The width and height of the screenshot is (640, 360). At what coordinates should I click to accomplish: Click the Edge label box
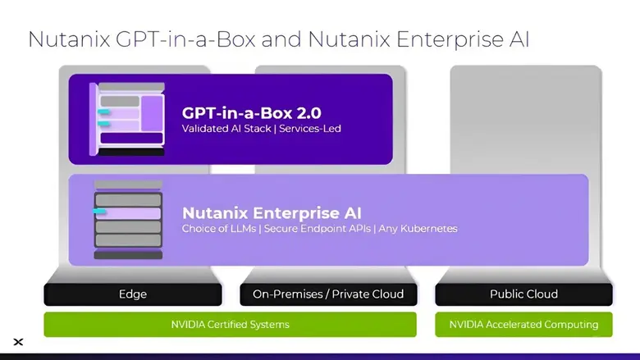[132, 294]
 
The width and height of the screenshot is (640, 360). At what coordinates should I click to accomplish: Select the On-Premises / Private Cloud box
[328, 294]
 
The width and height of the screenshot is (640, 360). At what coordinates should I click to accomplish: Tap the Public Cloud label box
[523, 294]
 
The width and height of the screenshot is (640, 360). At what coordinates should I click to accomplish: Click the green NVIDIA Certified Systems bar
[230, 325]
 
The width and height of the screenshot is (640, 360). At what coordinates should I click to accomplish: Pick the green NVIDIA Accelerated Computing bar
[523, 325]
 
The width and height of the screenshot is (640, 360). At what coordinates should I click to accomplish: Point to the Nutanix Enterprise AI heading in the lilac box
[272, 213]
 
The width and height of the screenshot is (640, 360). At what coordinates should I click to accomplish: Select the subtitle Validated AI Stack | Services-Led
[261, 130]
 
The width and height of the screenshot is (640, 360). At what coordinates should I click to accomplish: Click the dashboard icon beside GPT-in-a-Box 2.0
[127, 119]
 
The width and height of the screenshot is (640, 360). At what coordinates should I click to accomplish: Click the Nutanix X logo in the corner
[18, 342]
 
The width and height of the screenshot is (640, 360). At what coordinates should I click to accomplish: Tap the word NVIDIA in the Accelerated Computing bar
[466, 325]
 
